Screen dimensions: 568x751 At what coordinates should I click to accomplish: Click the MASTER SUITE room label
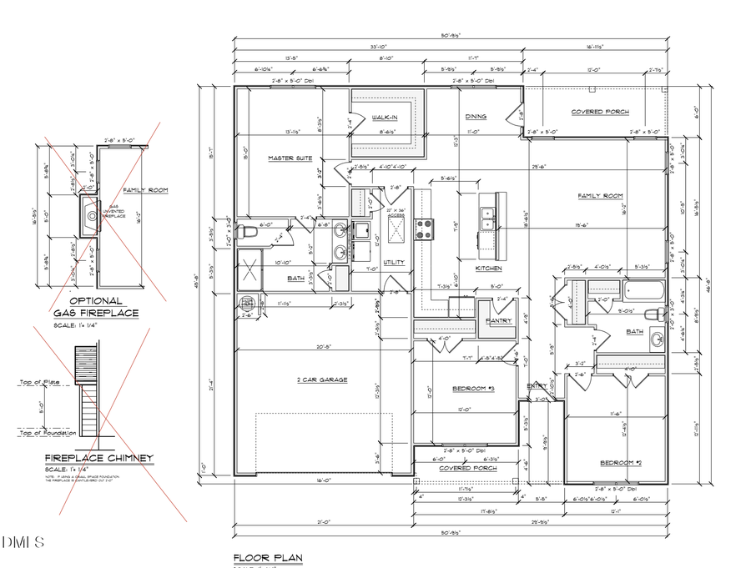[x=290, y=158]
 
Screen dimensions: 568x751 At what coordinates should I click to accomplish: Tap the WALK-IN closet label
[x=385, y=118]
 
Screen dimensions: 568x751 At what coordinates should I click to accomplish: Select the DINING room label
[x=476, y=117]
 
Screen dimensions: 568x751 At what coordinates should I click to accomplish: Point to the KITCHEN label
[x=487, y=269]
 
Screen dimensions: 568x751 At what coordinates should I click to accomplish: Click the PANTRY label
[x=499, y=320]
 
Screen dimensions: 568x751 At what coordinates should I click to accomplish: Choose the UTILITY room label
[x=394, y=262]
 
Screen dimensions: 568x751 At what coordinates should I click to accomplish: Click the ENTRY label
[x=537, y=385]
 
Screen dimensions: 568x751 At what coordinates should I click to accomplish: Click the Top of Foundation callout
[x=48, y=432]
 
